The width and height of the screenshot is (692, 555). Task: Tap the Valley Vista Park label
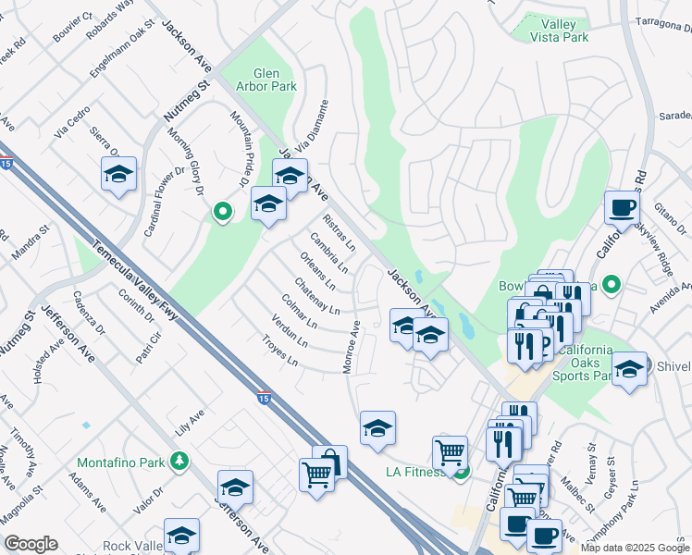pos(553,31)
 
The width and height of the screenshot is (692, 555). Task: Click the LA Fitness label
pos(414,473)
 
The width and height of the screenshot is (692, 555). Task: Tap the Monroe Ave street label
pos(352,348)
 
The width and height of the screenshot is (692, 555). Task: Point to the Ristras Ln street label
pos(340,232)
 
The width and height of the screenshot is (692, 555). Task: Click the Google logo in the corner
pos(31,544)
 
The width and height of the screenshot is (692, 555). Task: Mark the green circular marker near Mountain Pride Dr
pos(222,213)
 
